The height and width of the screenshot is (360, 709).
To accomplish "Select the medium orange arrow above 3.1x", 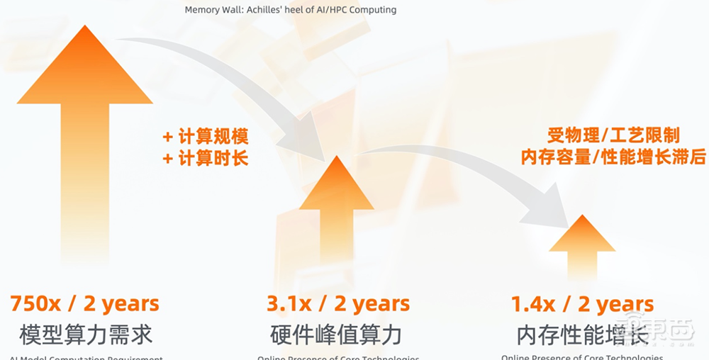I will (337, 213).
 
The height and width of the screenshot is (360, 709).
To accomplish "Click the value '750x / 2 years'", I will (84, 304).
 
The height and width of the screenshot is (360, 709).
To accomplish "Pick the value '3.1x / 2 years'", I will (337, 304).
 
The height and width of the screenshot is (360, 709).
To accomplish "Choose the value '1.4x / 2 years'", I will (582, 305).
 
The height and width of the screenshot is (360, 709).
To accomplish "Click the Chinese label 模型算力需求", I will (86, 334).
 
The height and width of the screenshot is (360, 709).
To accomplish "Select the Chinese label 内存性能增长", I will (582, 334).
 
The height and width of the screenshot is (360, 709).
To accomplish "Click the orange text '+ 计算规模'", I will (206, 137).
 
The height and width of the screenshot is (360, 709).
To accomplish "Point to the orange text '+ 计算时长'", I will (206, 158).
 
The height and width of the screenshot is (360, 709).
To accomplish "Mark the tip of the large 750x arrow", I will (85, 27).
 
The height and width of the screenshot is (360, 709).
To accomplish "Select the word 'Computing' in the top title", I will (372, 10).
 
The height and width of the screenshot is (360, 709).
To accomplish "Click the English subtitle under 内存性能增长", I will (582, 356).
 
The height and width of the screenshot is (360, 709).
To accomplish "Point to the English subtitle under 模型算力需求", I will (86, 357).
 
